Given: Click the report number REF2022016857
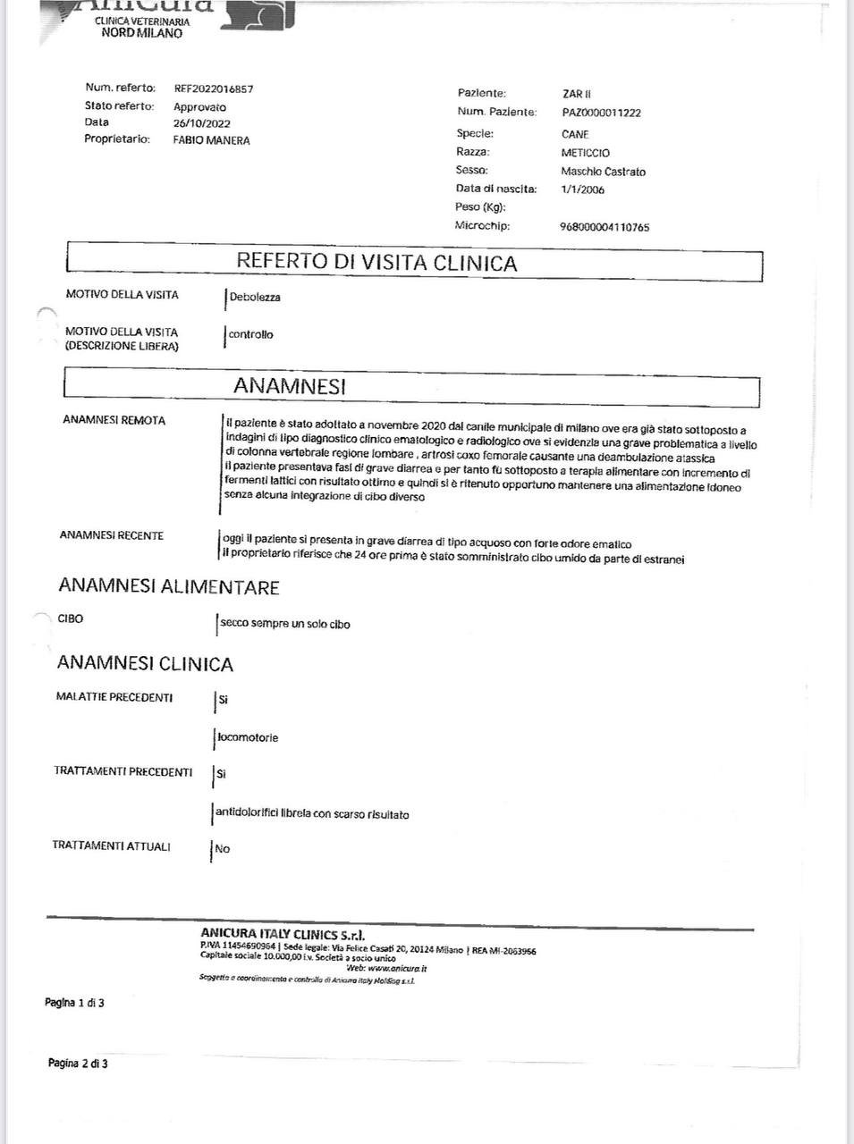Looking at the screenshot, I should pyautogui.click(x=213, y=89).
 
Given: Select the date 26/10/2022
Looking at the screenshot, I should pyautogui.click(x=201, y=123).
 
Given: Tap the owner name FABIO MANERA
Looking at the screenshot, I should pyautogui.click(x=211, y=140).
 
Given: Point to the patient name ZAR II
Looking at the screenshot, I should pyautogui.click(x=577, y=94).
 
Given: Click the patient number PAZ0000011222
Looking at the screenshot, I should pyautogui.click(x=601, y=113).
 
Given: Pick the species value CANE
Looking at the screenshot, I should pyautogui.click(x=575, y=134).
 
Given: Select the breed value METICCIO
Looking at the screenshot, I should pyautogui.click(x=585, y=153).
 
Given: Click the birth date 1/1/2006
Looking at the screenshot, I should pyautogui.click(x=582, y=189).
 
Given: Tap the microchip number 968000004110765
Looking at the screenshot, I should pyautogui.click(x=604, y=227).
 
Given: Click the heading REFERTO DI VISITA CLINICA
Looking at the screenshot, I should pyautogui.click(x=376, y=263).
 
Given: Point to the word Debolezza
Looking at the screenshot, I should pyautogui.click(x=255, y=298).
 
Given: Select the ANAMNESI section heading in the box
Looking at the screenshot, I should pyautogui.click(x=289, y=386).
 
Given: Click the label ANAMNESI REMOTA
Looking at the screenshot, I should pyautogui.click(x=114, y=420).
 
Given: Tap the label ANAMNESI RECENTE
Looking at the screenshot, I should pyautogui.click(x=111, y=535).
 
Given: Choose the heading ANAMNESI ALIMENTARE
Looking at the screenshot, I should pyautogui.click(x=169, y=587).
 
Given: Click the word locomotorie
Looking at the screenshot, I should pyautogui.click(x=248, y=738).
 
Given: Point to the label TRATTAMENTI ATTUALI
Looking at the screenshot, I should pyautogui.click(x=111, y=846).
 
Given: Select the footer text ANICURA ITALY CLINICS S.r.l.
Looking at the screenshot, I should pyautogui.click(x=283, y=934).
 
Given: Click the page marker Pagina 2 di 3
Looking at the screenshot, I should pyautogui.click(x=78, y=1064).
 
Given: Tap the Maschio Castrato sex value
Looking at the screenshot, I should pyautogui.click(x=603, y=172).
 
